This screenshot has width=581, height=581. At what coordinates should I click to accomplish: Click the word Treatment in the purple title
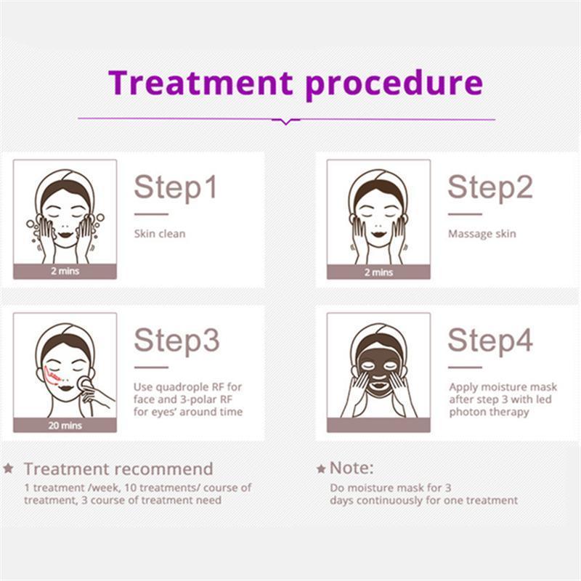tap(200, 83)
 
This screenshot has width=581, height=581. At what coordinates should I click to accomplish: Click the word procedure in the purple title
tap(394, 84)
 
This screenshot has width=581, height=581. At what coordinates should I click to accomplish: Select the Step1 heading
tap(175, 188)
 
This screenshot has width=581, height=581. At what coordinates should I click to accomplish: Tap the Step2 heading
tap(489, 188)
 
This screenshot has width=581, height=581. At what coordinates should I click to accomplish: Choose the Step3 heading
tap(176, 341)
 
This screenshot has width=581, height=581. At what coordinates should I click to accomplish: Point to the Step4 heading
tap(489, 341)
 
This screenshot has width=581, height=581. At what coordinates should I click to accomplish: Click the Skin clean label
tap(160, 234)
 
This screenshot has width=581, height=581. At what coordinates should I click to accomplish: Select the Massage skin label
tap(482, 234)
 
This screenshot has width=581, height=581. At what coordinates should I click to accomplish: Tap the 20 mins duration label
tap(65, 426)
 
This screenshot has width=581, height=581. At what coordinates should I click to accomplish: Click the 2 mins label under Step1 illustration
tap(65, 271)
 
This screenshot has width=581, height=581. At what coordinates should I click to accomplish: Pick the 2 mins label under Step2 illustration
tap(378, 272)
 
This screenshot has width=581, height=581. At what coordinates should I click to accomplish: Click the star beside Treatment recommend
tap(8, 468)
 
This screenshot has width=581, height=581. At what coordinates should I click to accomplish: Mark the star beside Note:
tap(321, 469)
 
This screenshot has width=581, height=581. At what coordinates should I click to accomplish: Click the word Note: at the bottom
tap(352, 468)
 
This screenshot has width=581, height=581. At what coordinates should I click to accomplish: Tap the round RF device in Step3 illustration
tap(85, 384)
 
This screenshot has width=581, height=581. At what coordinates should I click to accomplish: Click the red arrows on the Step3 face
tap(52, 375)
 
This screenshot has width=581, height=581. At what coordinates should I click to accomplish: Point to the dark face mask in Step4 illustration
tap(378, 373)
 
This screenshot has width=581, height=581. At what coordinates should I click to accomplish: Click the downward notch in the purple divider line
tap(285, 122)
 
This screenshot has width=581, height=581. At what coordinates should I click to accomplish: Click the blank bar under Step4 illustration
tap(378, 425)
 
